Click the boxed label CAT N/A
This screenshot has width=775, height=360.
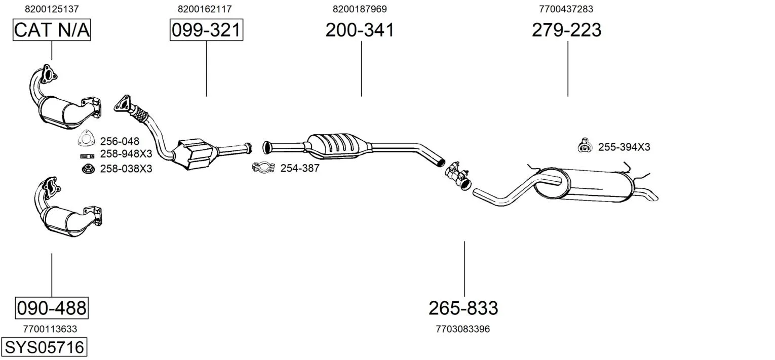[x=52, y=30]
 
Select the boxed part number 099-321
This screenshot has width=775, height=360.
[x=206, y=30]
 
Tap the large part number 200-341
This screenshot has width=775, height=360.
[x=360, y=30]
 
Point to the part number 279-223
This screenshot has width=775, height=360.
[x=567, y=30]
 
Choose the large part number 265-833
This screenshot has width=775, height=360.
[x=463, y=308]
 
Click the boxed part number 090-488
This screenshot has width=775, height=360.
[x=52, y=308]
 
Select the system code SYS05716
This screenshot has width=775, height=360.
[x=44, y=347]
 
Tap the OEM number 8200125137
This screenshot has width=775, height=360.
[x=52, y=9]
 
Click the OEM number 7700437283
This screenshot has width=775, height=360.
[x=566, y=9]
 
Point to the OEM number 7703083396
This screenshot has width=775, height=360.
[x=463, y=329]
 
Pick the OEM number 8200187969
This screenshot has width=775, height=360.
[x=360, y=9]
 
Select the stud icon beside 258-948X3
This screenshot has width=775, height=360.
[x=87, y=156]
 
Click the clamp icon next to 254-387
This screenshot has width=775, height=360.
[x=263, y=168]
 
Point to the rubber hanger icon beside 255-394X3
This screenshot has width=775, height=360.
[x=585, y=146]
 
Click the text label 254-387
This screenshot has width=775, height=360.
[x=300, y=169]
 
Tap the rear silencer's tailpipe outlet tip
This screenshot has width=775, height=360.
[x=654, y=197]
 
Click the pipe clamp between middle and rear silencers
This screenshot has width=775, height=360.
[x=458, y=175]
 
